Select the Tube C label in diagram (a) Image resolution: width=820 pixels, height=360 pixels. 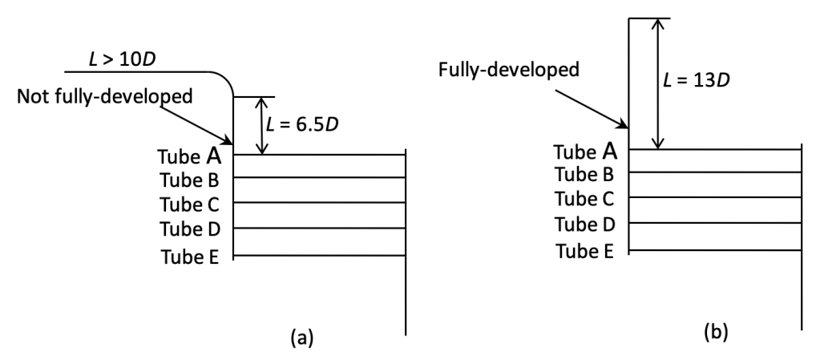pos(189,204)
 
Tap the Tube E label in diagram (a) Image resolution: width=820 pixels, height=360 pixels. pos(189,257)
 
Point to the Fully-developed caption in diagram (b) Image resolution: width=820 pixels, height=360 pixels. pos(510,69)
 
